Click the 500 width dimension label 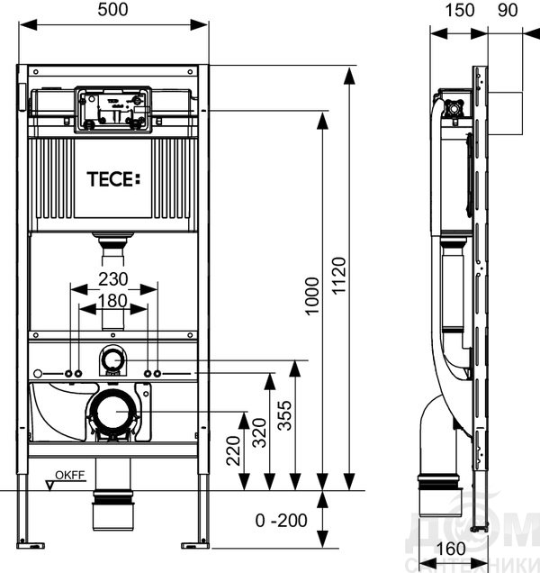click(112, 10)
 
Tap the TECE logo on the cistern click(113, 179)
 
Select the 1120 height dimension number click(338, 276)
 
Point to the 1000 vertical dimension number click(312, 296)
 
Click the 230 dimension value click(113, 279)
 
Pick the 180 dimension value click(112, 301)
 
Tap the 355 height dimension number click(284, 415)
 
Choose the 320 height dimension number click(259, 433)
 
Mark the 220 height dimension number click(234, 451)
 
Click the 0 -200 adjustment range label click(281, 521)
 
